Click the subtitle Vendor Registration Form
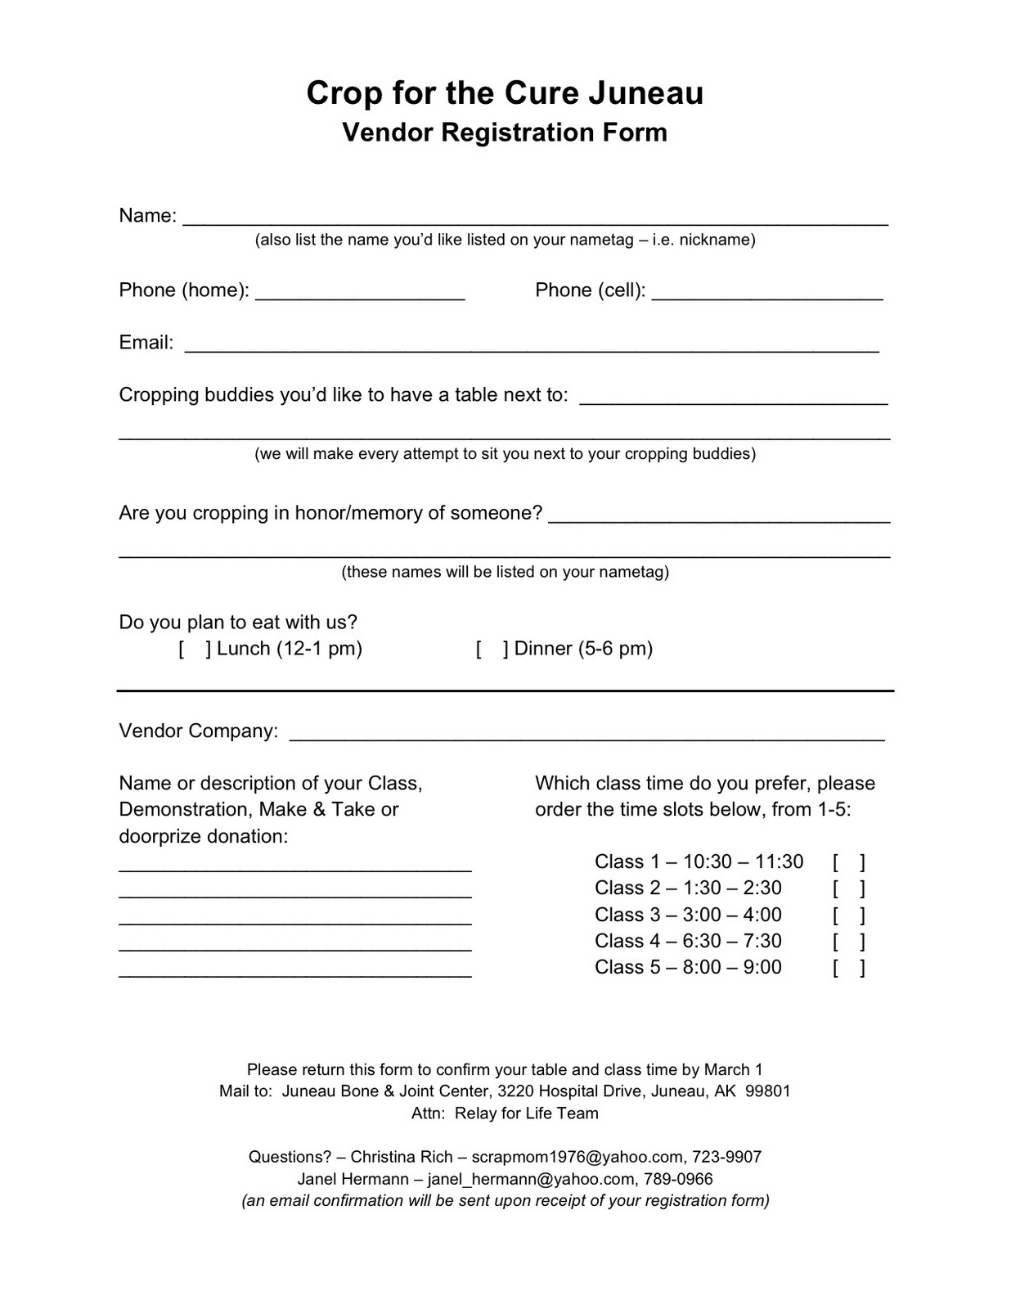coord(504,133)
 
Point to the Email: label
coord(146,343)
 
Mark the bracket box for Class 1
coord(849,862)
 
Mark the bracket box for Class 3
coord(849,915)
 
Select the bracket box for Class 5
coord(849,968)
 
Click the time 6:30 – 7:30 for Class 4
coord(732,941)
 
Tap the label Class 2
coord(627,888)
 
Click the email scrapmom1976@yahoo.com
coord(577,1157)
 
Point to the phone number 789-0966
coord(678,1179)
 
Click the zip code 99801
coord(768,1091)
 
